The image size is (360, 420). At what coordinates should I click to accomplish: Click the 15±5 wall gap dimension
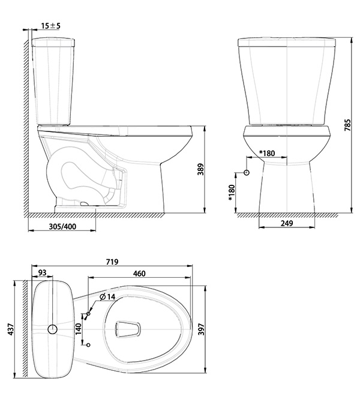pos(50,26)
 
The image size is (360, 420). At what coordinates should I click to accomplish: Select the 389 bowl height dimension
pos(200,169)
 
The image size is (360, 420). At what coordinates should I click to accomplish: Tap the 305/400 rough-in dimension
pos(62,227)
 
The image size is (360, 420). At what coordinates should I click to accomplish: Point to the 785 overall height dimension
pos(347,125)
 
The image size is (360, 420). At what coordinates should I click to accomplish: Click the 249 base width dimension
pos(287,223)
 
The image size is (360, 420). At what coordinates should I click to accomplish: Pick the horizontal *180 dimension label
pos(267,153)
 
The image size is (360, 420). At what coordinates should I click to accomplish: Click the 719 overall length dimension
pos(112,262)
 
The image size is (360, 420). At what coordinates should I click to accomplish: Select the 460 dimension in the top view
pos(139,273)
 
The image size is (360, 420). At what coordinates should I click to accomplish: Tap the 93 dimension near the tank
pos(43,272)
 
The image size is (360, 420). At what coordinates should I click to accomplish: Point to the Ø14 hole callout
pos(107,297)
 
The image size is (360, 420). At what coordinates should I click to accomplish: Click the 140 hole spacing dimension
pos(78,329)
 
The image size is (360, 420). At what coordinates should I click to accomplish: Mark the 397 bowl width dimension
pos(201,329)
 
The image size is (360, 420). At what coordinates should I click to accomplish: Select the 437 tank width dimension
pos(10,329)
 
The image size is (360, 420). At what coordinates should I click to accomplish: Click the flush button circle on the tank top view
pos(53,329)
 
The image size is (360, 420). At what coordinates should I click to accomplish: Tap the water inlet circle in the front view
pos(247,172)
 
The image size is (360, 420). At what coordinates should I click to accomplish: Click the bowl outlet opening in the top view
pos(128,329)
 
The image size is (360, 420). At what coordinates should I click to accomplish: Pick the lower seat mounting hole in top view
pos(89,345)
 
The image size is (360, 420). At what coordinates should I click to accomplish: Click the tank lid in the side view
pos(53,43)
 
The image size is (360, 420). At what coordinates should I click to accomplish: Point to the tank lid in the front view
pos(287,43)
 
